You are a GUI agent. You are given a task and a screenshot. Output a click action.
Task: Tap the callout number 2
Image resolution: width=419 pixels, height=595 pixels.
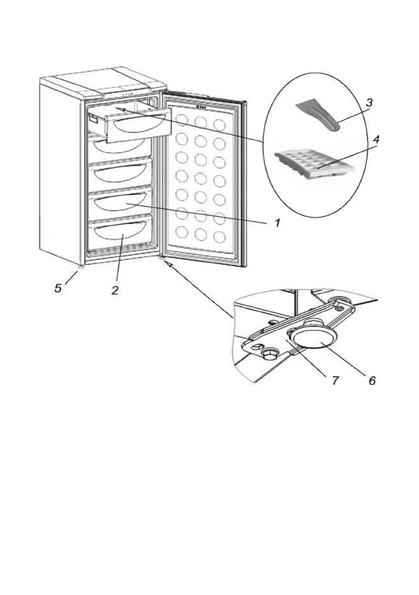coord(115,290)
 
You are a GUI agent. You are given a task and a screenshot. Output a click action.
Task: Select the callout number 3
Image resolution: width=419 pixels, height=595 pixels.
coord(369,103)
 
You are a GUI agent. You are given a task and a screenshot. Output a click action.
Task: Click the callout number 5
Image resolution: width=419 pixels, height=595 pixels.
coord(59,289)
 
